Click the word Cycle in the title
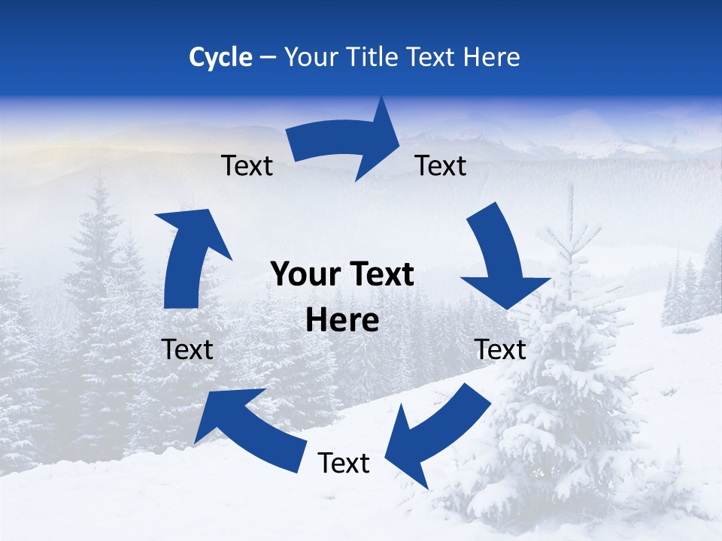coord(220,57)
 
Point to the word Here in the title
coord(492,57)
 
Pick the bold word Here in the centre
coord(342,321)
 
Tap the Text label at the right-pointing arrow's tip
coord(441,165)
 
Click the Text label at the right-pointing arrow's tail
coord(247,165)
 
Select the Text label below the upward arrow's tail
coord(187,349)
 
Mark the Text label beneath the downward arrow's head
coord(500,349)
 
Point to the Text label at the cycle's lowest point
coord(344,464)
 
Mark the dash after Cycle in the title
coord(267,58)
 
